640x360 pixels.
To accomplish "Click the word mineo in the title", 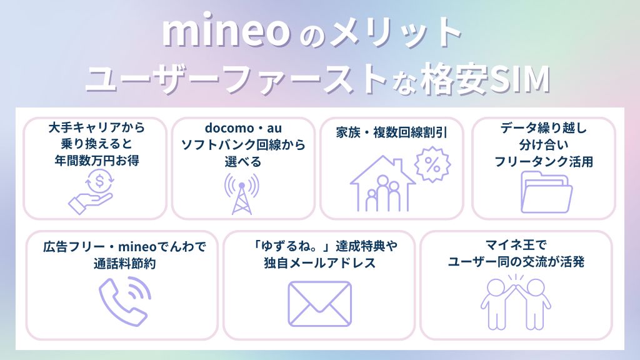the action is pyautogui.click(x=226, y=31).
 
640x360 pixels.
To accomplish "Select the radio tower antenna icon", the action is pyautogui.click(x=242, y=194).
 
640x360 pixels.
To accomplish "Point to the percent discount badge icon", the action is pyautogui.click(x=432, y=164).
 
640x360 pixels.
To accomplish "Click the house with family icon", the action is pyautogui.click(x=383, y=184).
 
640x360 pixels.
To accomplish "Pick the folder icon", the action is pyautogui.click(x=546, y=192).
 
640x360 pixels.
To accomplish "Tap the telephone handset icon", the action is pyautogui.click(x=122, y=301).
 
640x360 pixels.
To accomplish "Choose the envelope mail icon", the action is pyautogui.click(x=319, y=304).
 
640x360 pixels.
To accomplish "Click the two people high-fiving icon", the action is pyautogui.click(x=516, y=302).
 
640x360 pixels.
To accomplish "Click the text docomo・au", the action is pyautogui.click(x=243, y=127).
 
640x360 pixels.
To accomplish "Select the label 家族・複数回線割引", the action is pyautogui.click(x=391, y=132).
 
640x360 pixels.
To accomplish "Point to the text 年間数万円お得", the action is pyautogui.click(x=97, y=161).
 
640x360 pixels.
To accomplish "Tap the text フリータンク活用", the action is pyautogui.click(x=544, y=162).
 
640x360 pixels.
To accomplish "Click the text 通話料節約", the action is pyautogui.click(x=124, y=264).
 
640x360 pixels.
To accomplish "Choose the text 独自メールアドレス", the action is pyautogui.click(x=319, y=263).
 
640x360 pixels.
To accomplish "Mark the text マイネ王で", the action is pyautogui.click(x=516, y=245).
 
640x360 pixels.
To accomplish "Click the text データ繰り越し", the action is pyautogui.click(x=544, y=128).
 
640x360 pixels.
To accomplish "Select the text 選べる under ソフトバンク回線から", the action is pyautogui.click(x=243, y=162).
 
